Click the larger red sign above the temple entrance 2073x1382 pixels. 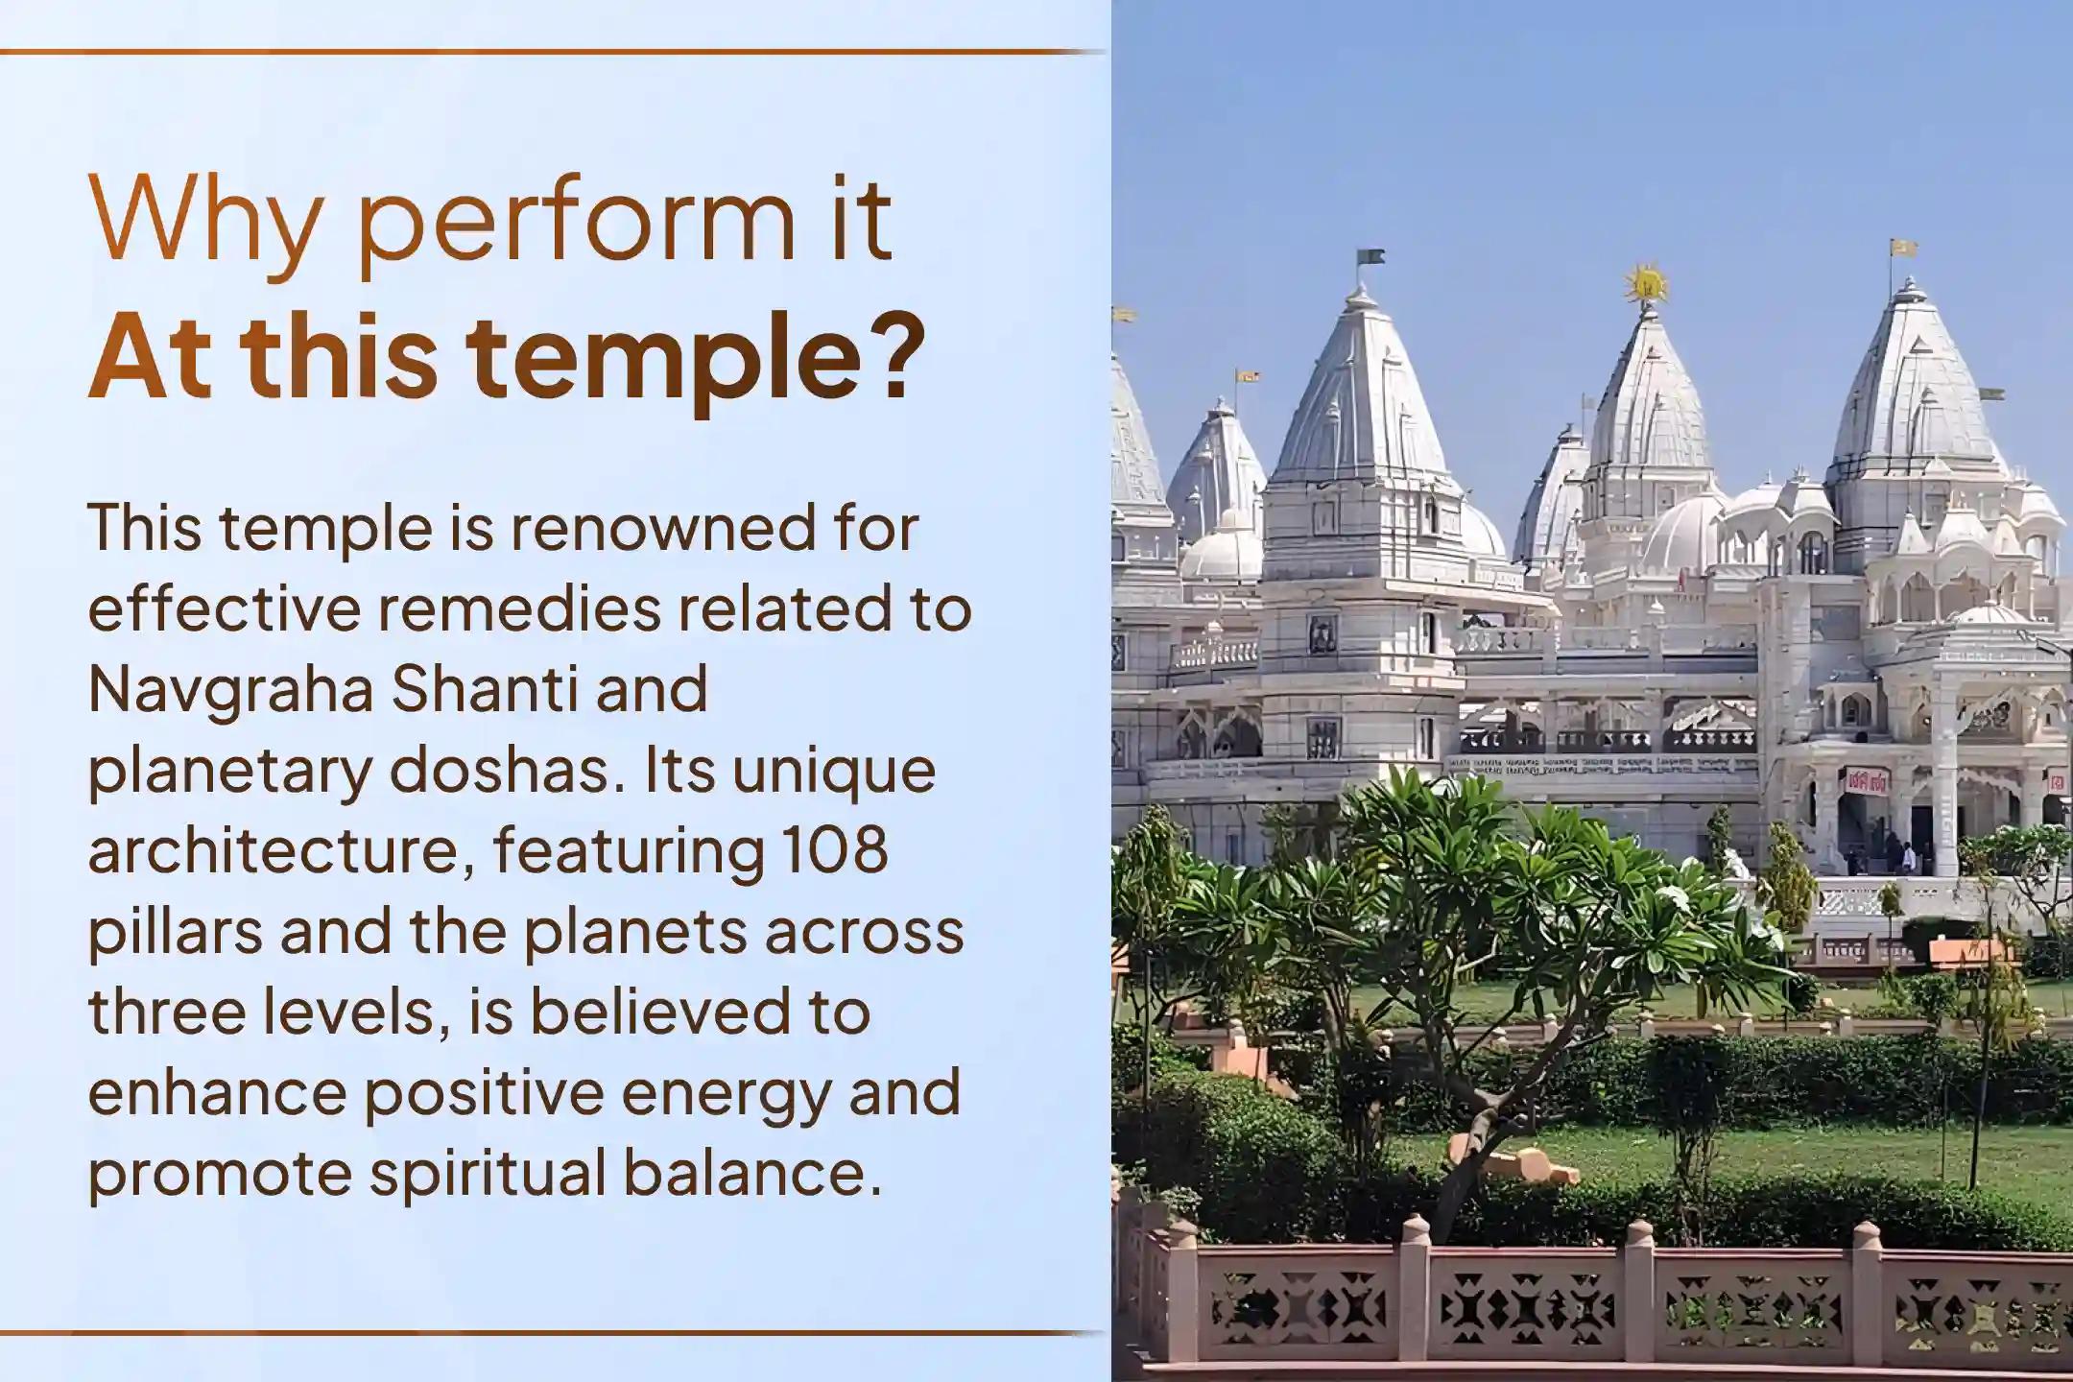pyautogui.click(x=1865, y=781)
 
